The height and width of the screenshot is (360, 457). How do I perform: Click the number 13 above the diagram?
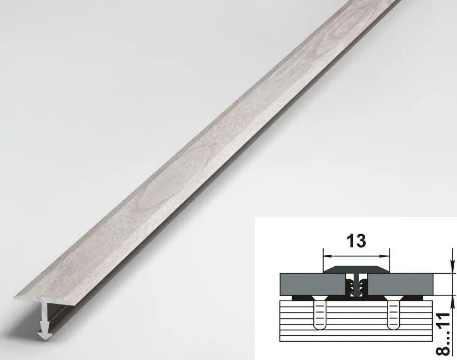[x=356, y=241]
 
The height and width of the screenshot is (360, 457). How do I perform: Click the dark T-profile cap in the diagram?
[x=356, y=269]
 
